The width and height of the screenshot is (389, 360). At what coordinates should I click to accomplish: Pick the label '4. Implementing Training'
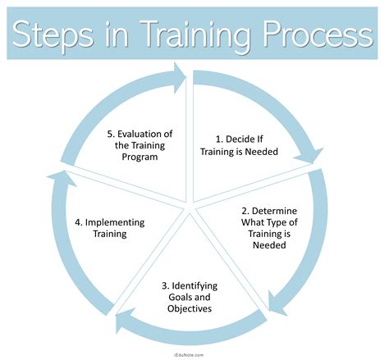click(x=110, y=227)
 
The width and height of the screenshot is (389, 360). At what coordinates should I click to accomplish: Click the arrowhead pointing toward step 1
click(x=177, y=75)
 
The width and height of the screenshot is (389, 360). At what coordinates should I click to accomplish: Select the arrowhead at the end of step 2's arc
click(x=277, y=309)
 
